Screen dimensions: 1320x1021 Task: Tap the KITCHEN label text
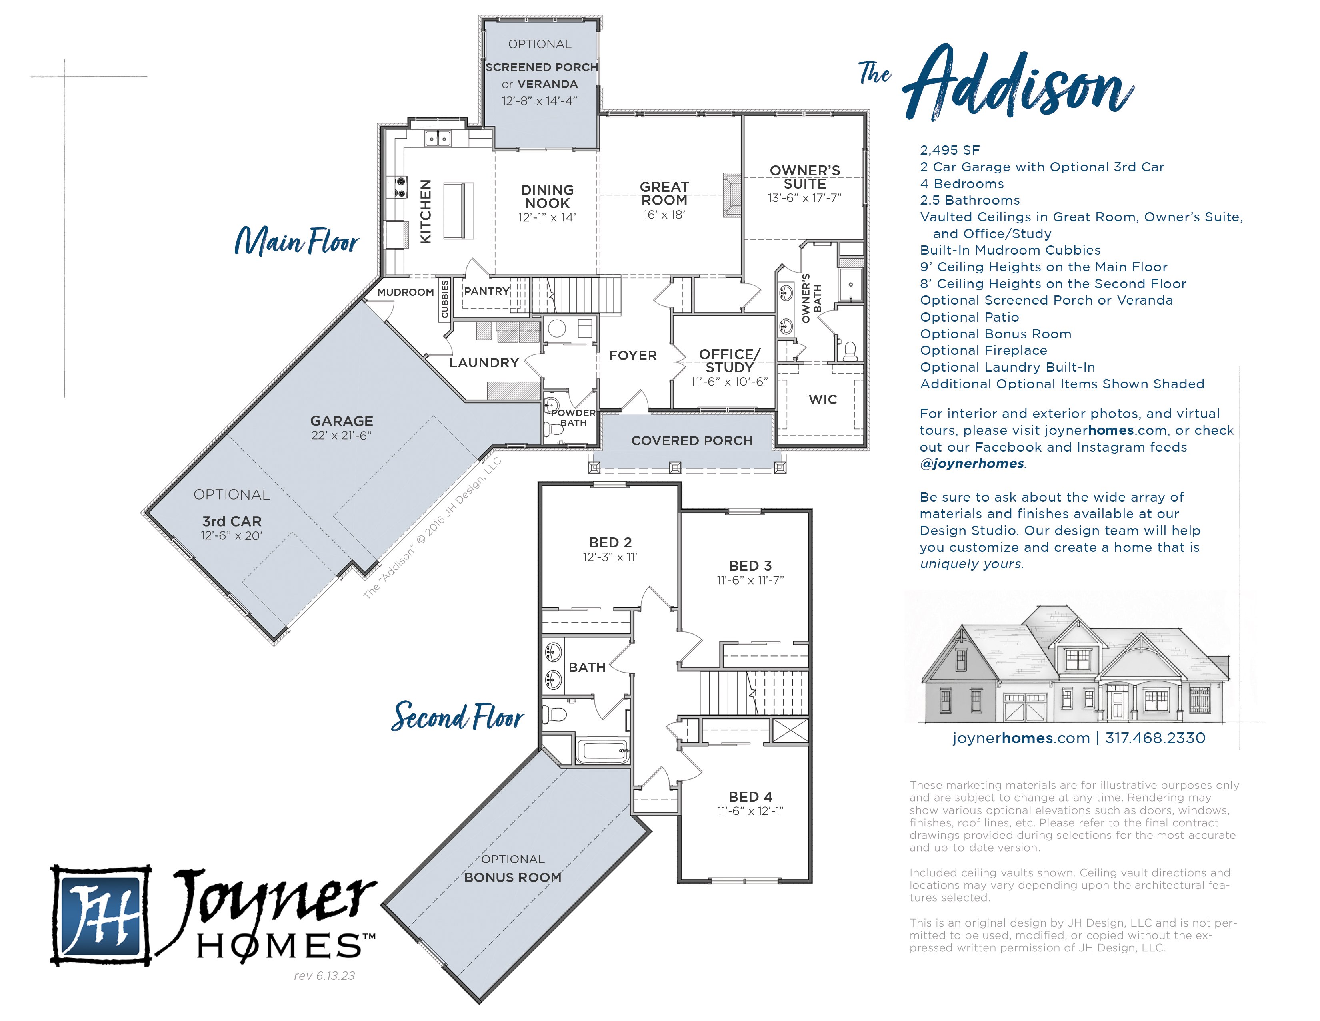click(x=426, y=212)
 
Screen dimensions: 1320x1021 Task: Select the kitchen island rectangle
click(x=459, y=211)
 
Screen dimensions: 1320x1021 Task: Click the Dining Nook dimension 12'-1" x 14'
click(x=547, y=218)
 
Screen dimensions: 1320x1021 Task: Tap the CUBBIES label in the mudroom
click(x=445, y=299)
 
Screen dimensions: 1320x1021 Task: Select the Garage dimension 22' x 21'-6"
click(x=342, y=436)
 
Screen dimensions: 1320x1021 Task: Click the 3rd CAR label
click(x=232, y=521)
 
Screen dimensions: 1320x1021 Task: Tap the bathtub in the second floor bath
click(x=602, y=751)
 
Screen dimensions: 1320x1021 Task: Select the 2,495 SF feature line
click(x=950, y=150)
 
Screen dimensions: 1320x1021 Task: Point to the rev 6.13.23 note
click(x=324, y=976)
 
